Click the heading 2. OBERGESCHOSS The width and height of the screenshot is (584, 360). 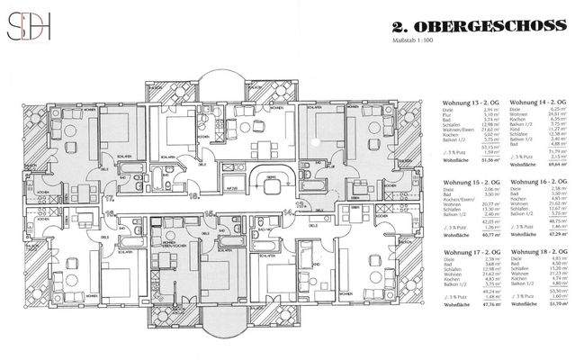[480, 25]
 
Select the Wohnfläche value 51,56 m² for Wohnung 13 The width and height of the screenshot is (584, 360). [491, 162]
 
